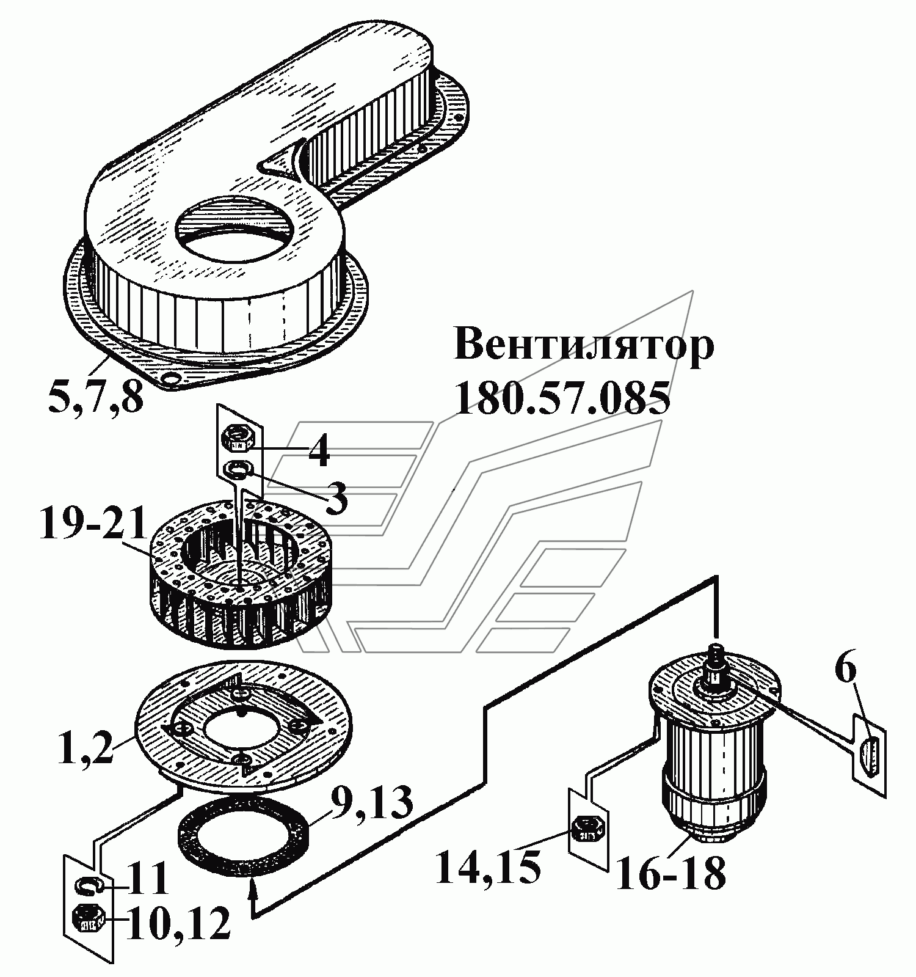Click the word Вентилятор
click(584, 347)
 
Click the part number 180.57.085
click(562, 398)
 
